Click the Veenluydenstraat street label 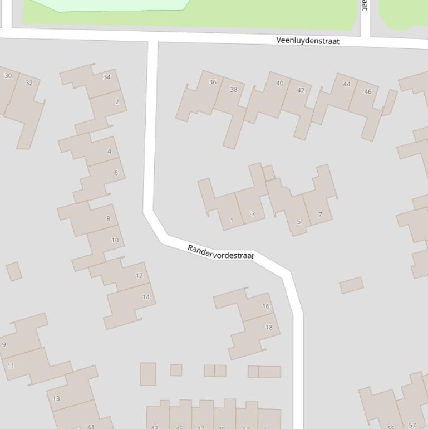(308, 41)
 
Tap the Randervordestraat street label (220, 252)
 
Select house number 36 (213, 82)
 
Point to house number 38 (234, 89)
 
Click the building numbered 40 (279, 83)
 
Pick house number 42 (301, 90)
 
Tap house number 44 (347, 84)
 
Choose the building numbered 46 (367, 91)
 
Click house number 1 (232, 220)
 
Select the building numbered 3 (253, 214)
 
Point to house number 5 (298, 222)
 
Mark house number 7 (320, 214)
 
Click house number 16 (265, 306)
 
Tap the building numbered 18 (269, 327)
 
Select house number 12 (139, 275)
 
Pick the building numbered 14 (146, 297)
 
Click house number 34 (107, 77)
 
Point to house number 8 (108, 218)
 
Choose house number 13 (56, 398)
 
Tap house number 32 (29, 83)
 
